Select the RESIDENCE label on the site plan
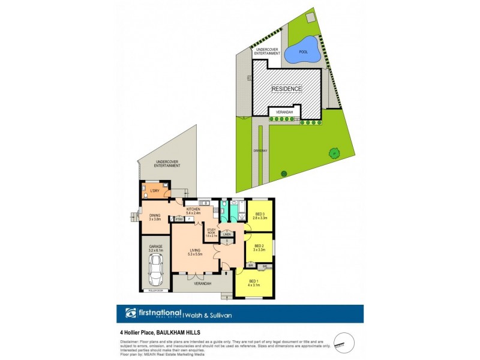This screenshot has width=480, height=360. [x=287, y=89]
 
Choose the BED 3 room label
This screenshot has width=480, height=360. [x=260, y=216]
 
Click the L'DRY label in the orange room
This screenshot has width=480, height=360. [x=155, y=191]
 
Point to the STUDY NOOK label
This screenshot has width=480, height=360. [x=212, y=232]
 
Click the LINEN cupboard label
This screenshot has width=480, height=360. [x=226, y=235]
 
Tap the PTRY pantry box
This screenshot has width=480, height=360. [x=179, y=220]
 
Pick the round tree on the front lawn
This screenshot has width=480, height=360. [x=333, y=153]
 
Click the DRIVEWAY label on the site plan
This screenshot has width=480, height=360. [x=260, y=150]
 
